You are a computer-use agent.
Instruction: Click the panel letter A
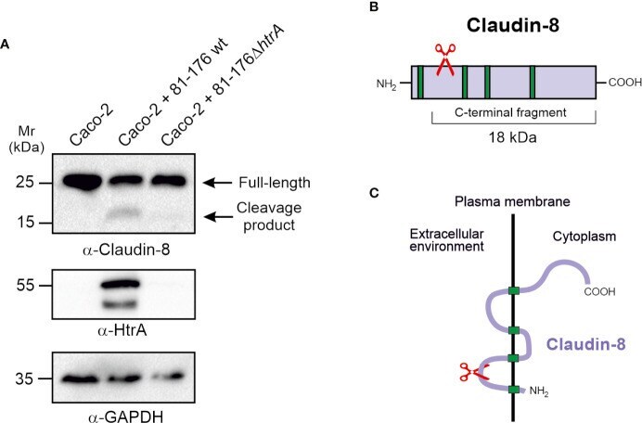click(x=5, y=45)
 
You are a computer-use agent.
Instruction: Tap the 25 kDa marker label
click(x=25, y=182)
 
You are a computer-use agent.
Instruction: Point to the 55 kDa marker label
click(x=25, y=286)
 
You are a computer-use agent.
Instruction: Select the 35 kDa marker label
click(x=24, y=379)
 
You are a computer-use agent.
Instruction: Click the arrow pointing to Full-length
click(x=219, y=183)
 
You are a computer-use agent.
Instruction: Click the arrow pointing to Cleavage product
click(x=219, y=216)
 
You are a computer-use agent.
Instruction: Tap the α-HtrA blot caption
click(x=122, y=330)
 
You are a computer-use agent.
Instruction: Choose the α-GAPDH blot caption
click(x=125, y=417)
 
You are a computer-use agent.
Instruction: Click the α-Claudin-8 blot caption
click(x=126, y=250)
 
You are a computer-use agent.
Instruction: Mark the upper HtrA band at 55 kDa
click(x=120, y=283)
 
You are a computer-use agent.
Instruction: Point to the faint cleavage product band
click(x=122, y=213)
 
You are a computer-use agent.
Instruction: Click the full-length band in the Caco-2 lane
click(x=81, y=182)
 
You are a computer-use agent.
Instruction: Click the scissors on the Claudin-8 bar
click(x=444, y=59)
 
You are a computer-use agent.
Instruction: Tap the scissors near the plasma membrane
click(x=474, y=372)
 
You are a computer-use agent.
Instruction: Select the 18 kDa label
click(x=513, y=137)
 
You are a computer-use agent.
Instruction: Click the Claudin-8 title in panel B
click(x=513, y=25)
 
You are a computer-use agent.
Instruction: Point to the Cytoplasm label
click(x=584, y=237)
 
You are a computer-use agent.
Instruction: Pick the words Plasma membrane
click(x=512, y=201)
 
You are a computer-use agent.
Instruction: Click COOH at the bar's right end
click(x=624, y=83)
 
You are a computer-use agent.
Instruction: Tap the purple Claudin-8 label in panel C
click(x=586, y=344)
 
